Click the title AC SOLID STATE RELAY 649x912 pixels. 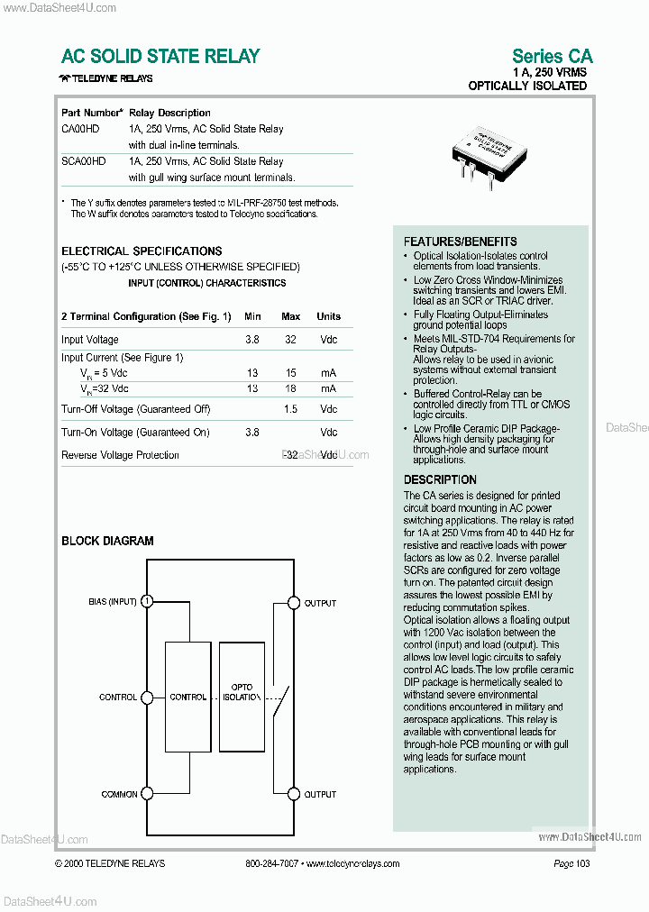(160, 56)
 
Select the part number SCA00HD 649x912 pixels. (83, 161)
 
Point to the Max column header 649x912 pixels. (290, 316)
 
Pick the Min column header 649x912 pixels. (252, 316)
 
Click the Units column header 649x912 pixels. (328, 316)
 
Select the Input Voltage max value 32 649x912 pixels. (290, 340)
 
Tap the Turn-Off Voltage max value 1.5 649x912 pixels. (290, 409)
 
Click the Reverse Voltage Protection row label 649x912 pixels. (120, 455)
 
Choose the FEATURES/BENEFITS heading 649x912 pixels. (460, 242)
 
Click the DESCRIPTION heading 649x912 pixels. (440, 479)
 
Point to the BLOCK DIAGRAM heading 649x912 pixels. (107, 541)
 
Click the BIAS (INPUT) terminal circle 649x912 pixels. (147, 601)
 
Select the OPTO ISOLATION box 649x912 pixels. (242, 692)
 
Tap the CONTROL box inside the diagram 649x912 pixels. (188, 697)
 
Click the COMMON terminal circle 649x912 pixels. (147, 794)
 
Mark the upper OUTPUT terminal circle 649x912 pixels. (292, 602)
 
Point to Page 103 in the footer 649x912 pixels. (571, 863)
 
